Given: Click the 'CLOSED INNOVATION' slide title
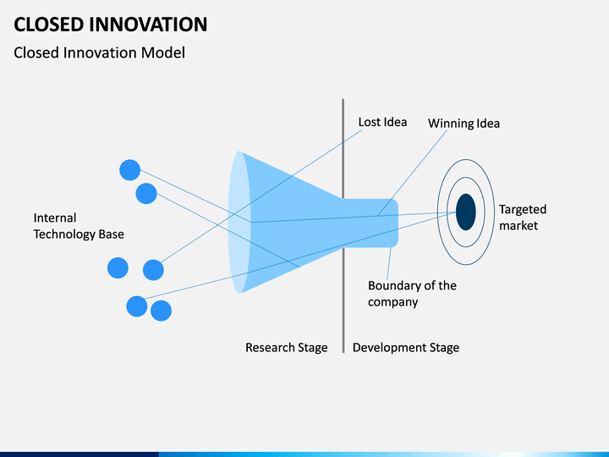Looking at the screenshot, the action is (x=111, y=24).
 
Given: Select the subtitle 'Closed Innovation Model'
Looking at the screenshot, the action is (x=100, y=52).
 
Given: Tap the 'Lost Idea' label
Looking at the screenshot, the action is (x=382, y=122).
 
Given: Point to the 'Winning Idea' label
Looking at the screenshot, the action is (x=464, y=124).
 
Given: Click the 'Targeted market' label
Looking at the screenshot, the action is (x=523, y=217).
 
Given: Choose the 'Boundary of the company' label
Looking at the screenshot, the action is (x=412, y=294).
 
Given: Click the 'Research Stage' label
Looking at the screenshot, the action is (x=286, y=348).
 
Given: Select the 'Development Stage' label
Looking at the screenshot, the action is (x=406, y=348).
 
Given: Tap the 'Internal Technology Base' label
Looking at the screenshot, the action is (x=79, y=226).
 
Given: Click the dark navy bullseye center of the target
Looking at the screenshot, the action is (x=466, y=212).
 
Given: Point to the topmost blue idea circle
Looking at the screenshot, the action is (x=129, y=170).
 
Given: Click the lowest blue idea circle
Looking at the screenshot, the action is (x=161, y=311).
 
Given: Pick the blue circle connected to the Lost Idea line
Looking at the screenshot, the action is (x=153, y=270).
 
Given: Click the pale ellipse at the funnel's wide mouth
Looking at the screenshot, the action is (x=238, y=222).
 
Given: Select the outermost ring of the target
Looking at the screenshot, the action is (x=438, y=212).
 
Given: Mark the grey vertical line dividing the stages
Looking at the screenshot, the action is (x=343, y=226).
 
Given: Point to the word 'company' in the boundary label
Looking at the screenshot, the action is (x=393, y=302).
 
